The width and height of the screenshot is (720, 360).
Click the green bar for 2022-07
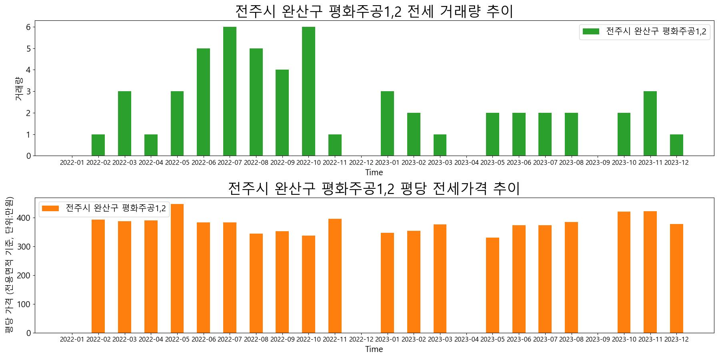[x=230, y=91]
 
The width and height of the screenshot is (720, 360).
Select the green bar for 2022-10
[x=308, y=91]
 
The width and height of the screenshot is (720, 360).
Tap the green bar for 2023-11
[x=650, y=124]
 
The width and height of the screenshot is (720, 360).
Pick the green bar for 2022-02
[x=98, y=145]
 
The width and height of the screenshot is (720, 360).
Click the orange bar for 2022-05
[x=177, y=268]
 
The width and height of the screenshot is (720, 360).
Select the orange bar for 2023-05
[x=492, y=285]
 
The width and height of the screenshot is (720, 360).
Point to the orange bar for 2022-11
[x=335, y=276]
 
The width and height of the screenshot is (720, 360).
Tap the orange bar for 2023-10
[x=624, y=272]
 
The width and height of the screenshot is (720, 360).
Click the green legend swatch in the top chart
[x=591, y=32]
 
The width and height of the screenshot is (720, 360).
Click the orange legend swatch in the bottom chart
[x=50, y=208]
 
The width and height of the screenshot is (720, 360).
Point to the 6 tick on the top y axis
[x=29, y=27]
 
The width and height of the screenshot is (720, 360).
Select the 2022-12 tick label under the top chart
[x=361, y=163]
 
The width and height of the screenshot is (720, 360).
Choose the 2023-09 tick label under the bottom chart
[x=598, y=340]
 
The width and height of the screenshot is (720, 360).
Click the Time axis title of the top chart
[x=374, y=172]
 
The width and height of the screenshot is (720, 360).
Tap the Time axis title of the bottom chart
[x=374, y=349]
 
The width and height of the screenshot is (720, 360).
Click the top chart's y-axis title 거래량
[x=19, y=88]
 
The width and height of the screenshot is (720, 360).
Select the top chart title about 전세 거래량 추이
[x=374, y=11]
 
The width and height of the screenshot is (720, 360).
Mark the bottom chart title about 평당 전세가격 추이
[x=374, y=188]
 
